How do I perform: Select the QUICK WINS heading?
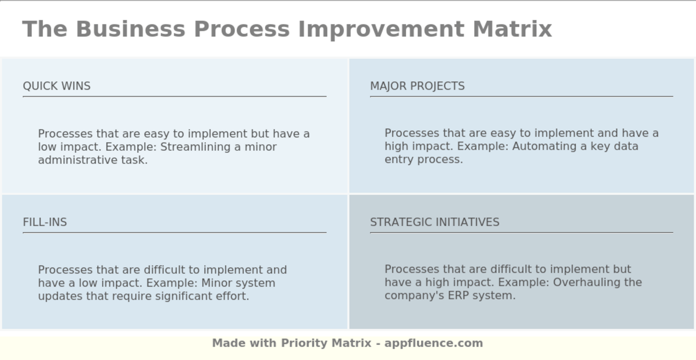(57, 86)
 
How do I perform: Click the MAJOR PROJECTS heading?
(417, 86)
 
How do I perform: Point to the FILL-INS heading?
(45, 222)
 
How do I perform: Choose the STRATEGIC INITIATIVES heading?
(435, 222)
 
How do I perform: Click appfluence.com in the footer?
(434, 343)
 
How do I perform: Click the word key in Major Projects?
(599, 146)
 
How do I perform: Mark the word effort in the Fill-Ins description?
(234, 296)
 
